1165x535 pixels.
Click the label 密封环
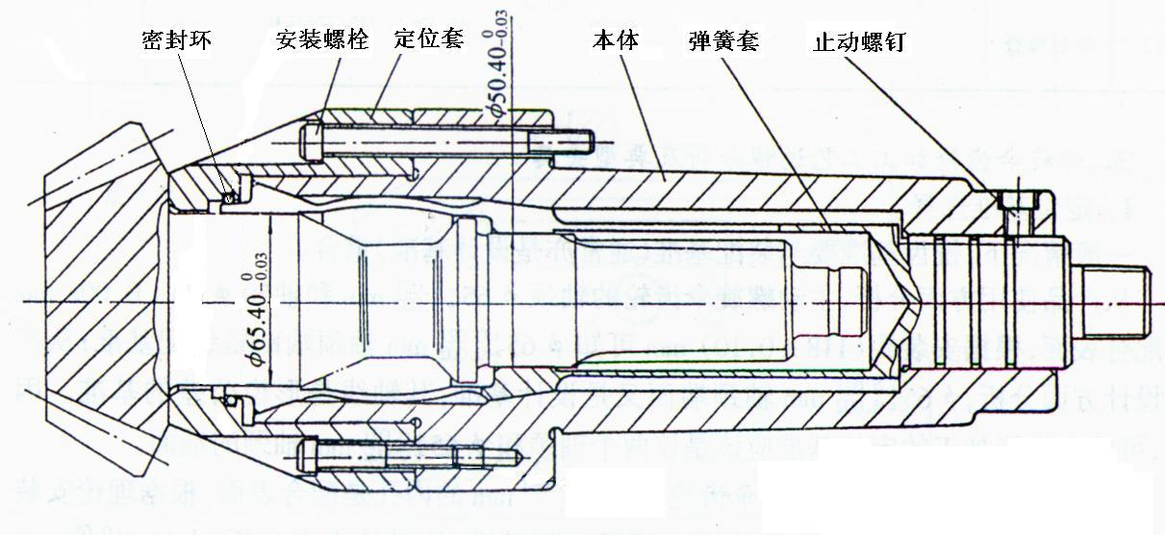pos(175,40)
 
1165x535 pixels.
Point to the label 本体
pos(615,39)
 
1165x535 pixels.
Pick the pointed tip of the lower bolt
pos(522,454)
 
